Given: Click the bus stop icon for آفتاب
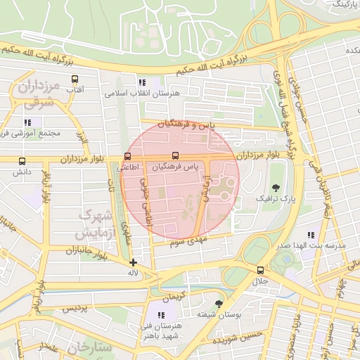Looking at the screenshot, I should (x=75, y=79).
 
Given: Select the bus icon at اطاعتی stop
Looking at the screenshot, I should (x=127, y=156).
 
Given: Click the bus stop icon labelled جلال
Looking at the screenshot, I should (x=261, y=270).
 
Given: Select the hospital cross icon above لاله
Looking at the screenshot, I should (x=133, y=262).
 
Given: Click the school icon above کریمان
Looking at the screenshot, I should (x=168, y=297).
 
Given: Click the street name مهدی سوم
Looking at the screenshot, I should (x=186, y=243).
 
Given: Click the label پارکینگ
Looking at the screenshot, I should (x=343, y=4).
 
